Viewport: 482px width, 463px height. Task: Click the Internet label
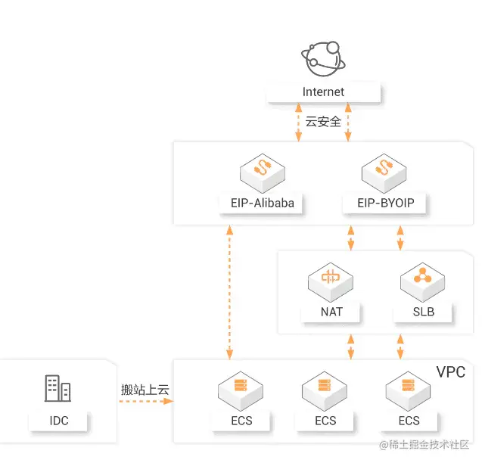323,92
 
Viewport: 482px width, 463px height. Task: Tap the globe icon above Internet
323,57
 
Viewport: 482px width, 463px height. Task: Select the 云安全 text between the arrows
323,122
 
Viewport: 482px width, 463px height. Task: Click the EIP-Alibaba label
262,203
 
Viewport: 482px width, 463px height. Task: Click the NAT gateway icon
331,281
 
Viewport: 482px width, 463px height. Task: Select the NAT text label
331,312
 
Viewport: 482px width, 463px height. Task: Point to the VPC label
451,372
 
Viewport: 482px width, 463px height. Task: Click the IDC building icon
58,389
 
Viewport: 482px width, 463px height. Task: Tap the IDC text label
58,421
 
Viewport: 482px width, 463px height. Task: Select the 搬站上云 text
145,390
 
